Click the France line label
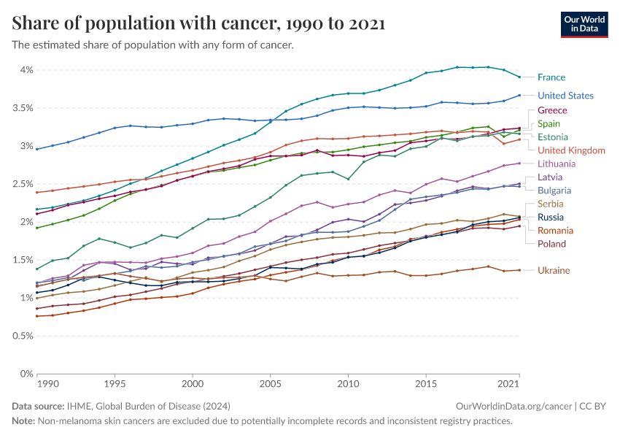551,77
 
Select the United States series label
565,96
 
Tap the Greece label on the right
552,110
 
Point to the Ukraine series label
554,271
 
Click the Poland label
551,244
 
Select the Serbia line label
551,204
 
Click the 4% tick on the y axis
26,70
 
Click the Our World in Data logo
586,24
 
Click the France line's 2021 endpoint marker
519,77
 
